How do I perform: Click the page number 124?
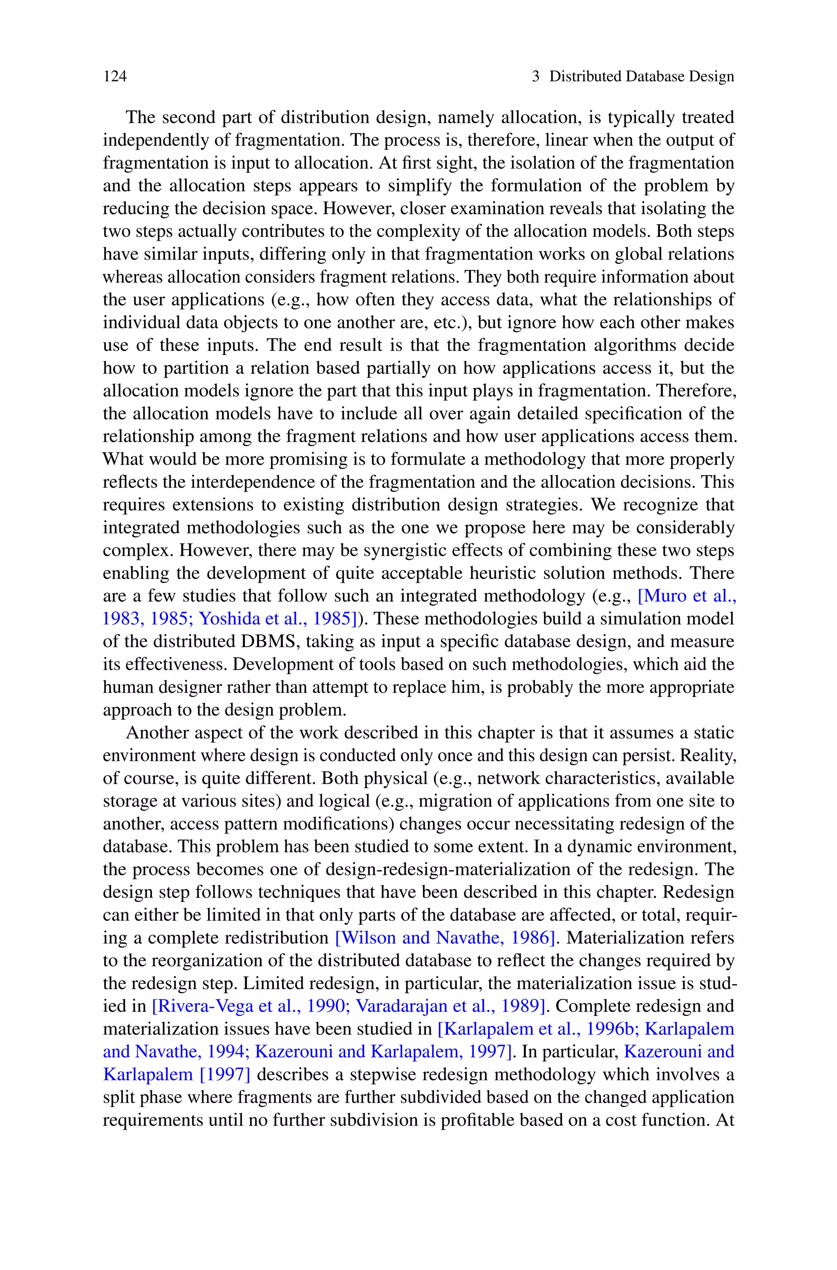tap(115, 76)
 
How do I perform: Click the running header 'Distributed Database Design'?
tap(642, 76)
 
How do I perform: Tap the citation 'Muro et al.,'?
tap(687, 596)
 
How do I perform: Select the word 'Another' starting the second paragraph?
tap(155, 733)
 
